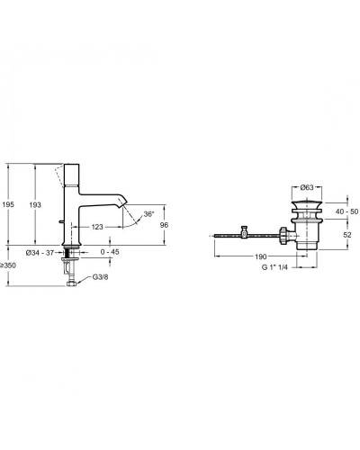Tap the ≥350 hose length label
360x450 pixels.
(10, 265)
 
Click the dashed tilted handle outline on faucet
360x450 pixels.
(60, 173)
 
